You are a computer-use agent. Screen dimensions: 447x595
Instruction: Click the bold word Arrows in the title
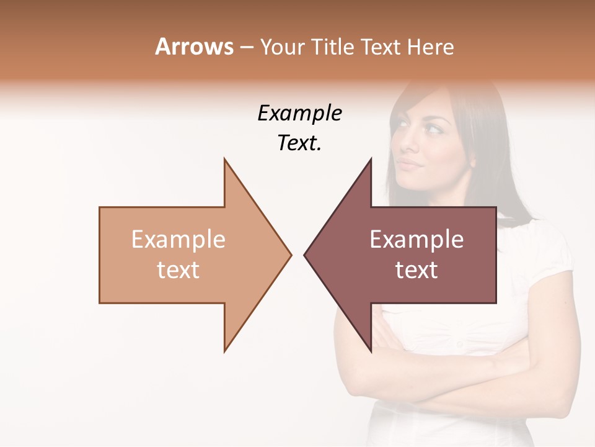(x=194, y=47)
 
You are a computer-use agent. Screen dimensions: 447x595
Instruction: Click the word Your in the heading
(x=282, y=47)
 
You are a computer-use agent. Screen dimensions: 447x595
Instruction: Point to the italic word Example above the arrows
(x=299, y=114)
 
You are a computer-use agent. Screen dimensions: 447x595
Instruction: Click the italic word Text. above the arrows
(x=299, y=143)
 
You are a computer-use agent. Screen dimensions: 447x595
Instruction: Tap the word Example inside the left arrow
(x=178, y=239)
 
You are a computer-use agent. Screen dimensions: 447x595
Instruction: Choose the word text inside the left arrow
(x=178, y=269)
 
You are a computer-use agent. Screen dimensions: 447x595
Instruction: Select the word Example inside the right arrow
(x=416, y=239)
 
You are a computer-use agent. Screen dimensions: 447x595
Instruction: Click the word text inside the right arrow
(x=416, y=269)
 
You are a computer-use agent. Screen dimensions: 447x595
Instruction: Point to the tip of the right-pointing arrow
(x=291, y=254)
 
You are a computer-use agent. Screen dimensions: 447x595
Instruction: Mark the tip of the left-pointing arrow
(x=304, y=254)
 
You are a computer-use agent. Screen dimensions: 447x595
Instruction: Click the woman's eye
(x=431, y=129)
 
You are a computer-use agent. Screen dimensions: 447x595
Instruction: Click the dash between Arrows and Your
(x=246, y=47)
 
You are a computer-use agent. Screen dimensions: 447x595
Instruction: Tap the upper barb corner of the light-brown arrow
(x=224, y=159)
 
